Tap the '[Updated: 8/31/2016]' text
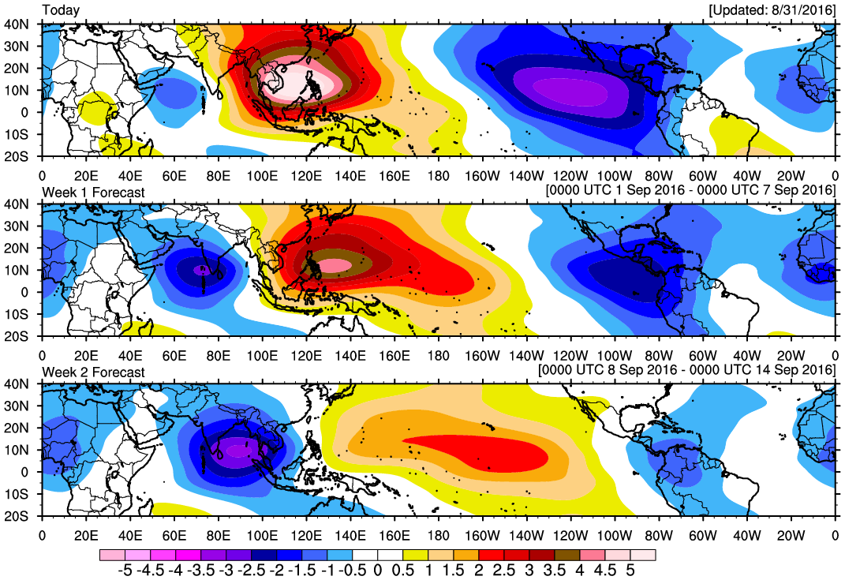pyautogui.click(x=771, y=10)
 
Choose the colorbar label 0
pyautogui.click(x=377, y=569)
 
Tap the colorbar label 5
pyautogui.click(x=630, y=569)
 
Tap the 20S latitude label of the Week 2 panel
pyautogui.click(x=18, y=516)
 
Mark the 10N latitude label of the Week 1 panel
pyautogui.click(x=18, y=270)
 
